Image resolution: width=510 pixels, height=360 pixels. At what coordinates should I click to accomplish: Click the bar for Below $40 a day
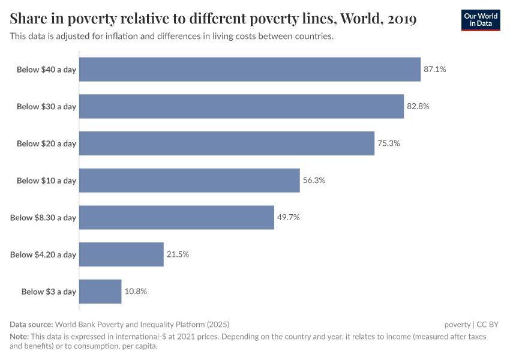pyautogui.click(x=250, y=70)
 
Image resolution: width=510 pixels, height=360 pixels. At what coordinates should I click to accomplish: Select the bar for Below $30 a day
pyautogui.click(x=241, y=106)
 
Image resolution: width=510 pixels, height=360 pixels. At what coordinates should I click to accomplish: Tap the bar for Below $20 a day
pyautogui.click(x=227, y=143)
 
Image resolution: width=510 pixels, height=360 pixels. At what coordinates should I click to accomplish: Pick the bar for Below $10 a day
pyautogui.click(x=189, y=181)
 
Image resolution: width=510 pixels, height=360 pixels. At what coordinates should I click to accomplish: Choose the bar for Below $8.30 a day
pyautogui.click(x=176, y=217)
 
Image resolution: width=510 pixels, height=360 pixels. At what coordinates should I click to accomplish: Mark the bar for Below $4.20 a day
pyautogui.click(x=121, y=254)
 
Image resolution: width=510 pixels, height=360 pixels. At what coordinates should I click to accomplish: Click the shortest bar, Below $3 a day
pyautogui.click(x=100, y=292)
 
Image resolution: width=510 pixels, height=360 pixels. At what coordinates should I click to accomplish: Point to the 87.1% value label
pyautogui.click(x=435, y=70)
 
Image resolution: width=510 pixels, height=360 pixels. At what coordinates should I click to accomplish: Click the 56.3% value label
pyautogui.click(x=314, y=181)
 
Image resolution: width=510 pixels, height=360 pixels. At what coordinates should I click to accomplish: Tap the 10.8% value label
pyautogui.click(x=136, y=292)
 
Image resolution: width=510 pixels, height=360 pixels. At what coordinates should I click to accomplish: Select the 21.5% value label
pyautogui.click(x=178, y=254)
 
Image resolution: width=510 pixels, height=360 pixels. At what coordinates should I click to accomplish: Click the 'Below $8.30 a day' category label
pyautogui.click(x=43, y=218)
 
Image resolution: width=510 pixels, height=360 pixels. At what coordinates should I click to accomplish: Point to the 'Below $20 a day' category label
pyautogui.click(x=46, y=143)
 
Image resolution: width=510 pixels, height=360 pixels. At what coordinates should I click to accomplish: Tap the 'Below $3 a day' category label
pyautogui.click(x=49, y=292)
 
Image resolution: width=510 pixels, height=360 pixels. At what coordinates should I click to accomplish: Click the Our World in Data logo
pyautogui.click(x=481, y=20)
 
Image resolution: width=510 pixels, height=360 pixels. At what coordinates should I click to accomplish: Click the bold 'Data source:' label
pyautogui.click(x=31, y=325)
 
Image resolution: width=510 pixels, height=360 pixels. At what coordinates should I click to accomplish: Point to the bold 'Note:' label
pyautogui.click(x=19, y=337)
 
